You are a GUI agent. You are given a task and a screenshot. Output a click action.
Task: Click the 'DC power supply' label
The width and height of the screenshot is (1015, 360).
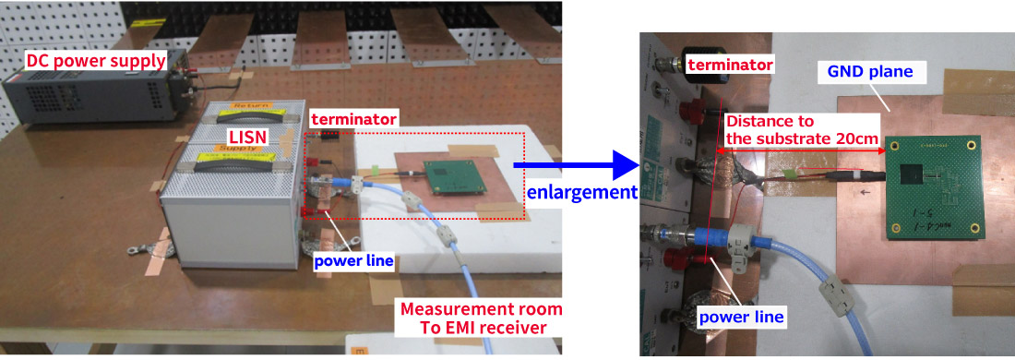click(95, 62)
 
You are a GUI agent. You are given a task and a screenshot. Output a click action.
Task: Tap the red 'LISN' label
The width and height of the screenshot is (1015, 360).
click(246, 137)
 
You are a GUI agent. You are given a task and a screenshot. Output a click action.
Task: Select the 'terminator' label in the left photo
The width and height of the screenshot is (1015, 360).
click(353, 119)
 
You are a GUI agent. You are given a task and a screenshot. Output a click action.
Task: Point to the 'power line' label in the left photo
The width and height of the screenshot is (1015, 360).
click(353, 261)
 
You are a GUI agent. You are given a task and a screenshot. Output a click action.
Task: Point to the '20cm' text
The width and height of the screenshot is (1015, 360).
click(855, 138)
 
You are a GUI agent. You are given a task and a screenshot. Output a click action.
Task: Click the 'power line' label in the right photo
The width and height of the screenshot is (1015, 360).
click(741, 318)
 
